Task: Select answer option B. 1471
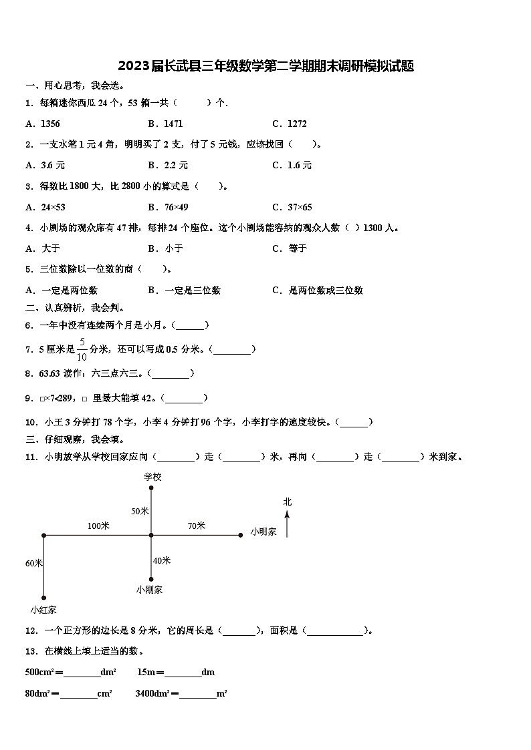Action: (165, 124)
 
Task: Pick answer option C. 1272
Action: (290, 124)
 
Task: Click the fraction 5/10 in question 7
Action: (82, 349)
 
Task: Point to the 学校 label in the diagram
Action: (152, 477)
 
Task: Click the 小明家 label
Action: (263, 532)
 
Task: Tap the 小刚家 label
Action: (149, 590)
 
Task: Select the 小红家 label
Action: (43, 609)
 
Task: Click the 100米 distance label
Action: (98, 526)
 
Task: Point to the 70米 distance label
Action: (196, 526)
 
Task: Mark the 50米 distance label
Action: (140, 511)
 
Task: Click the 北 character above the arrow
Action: (288, 502)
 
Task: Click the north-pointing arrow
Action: (288, 524)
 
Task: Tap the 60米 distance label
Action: (34, 564)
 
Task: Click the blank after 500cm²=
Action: (82, 673)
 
